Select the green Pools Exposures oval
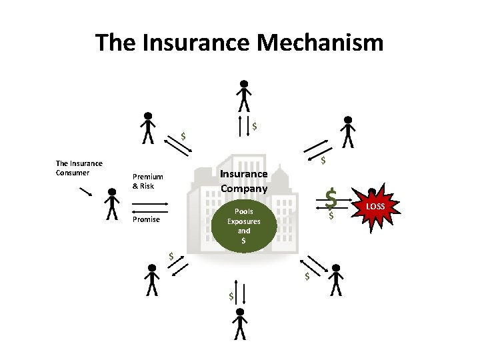[243, 225]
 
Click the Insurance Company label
[243, 181]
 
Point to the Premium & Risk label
[147, 181]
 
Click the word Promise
[145, 219]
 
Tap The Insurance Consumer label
[79, 167]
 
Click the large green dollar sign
[331, 198]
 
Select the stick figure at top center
[245, 96]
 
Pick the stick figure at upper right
[347, 131]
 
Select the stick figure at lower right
[336, 280]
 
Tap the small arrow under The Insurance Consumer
[85, 193]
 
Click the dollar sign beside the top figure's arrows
[255, 125]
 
